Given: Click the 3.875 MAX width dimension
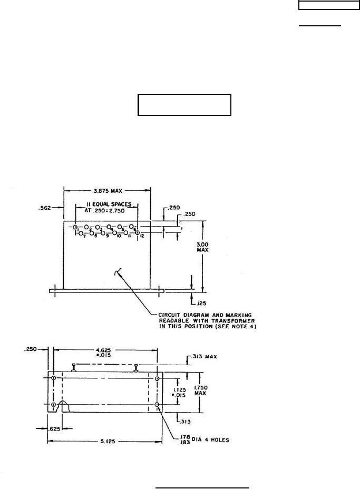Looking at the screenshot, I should pos(107,190).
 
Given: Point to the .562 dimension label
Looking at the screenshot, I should pos(45,208).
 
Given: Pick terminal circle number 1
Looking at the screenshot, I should pos(75,227).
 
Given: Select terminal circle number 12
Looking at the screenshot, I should pos(138,232).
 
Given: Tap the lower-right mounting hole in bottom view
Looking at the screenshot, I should pos(157,404).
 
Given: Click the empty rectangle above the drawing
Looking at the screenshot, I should pos(184,105).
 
